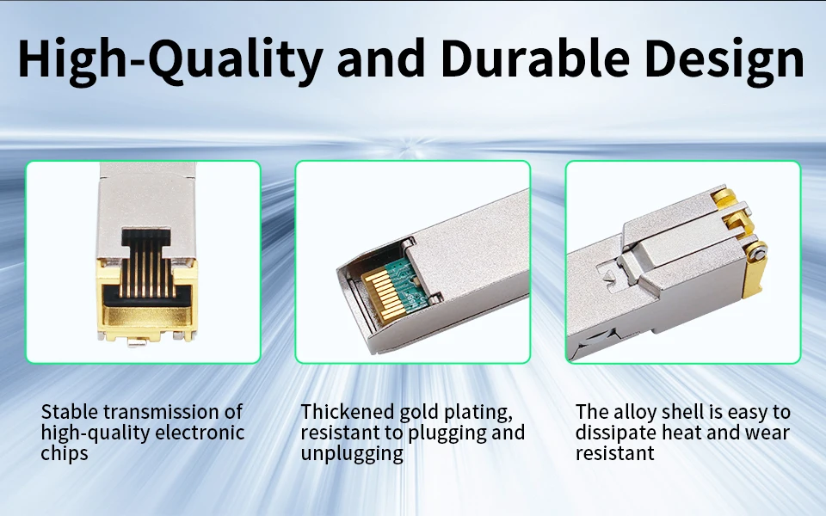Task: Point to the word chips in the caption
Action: [x=65, y=453]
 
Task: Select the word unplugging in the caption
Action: [x=352, y=454]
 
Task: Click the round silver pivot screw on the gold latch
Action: [x=757, y=255]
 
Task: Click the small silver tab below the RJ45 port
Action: [x=137, y=343]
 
